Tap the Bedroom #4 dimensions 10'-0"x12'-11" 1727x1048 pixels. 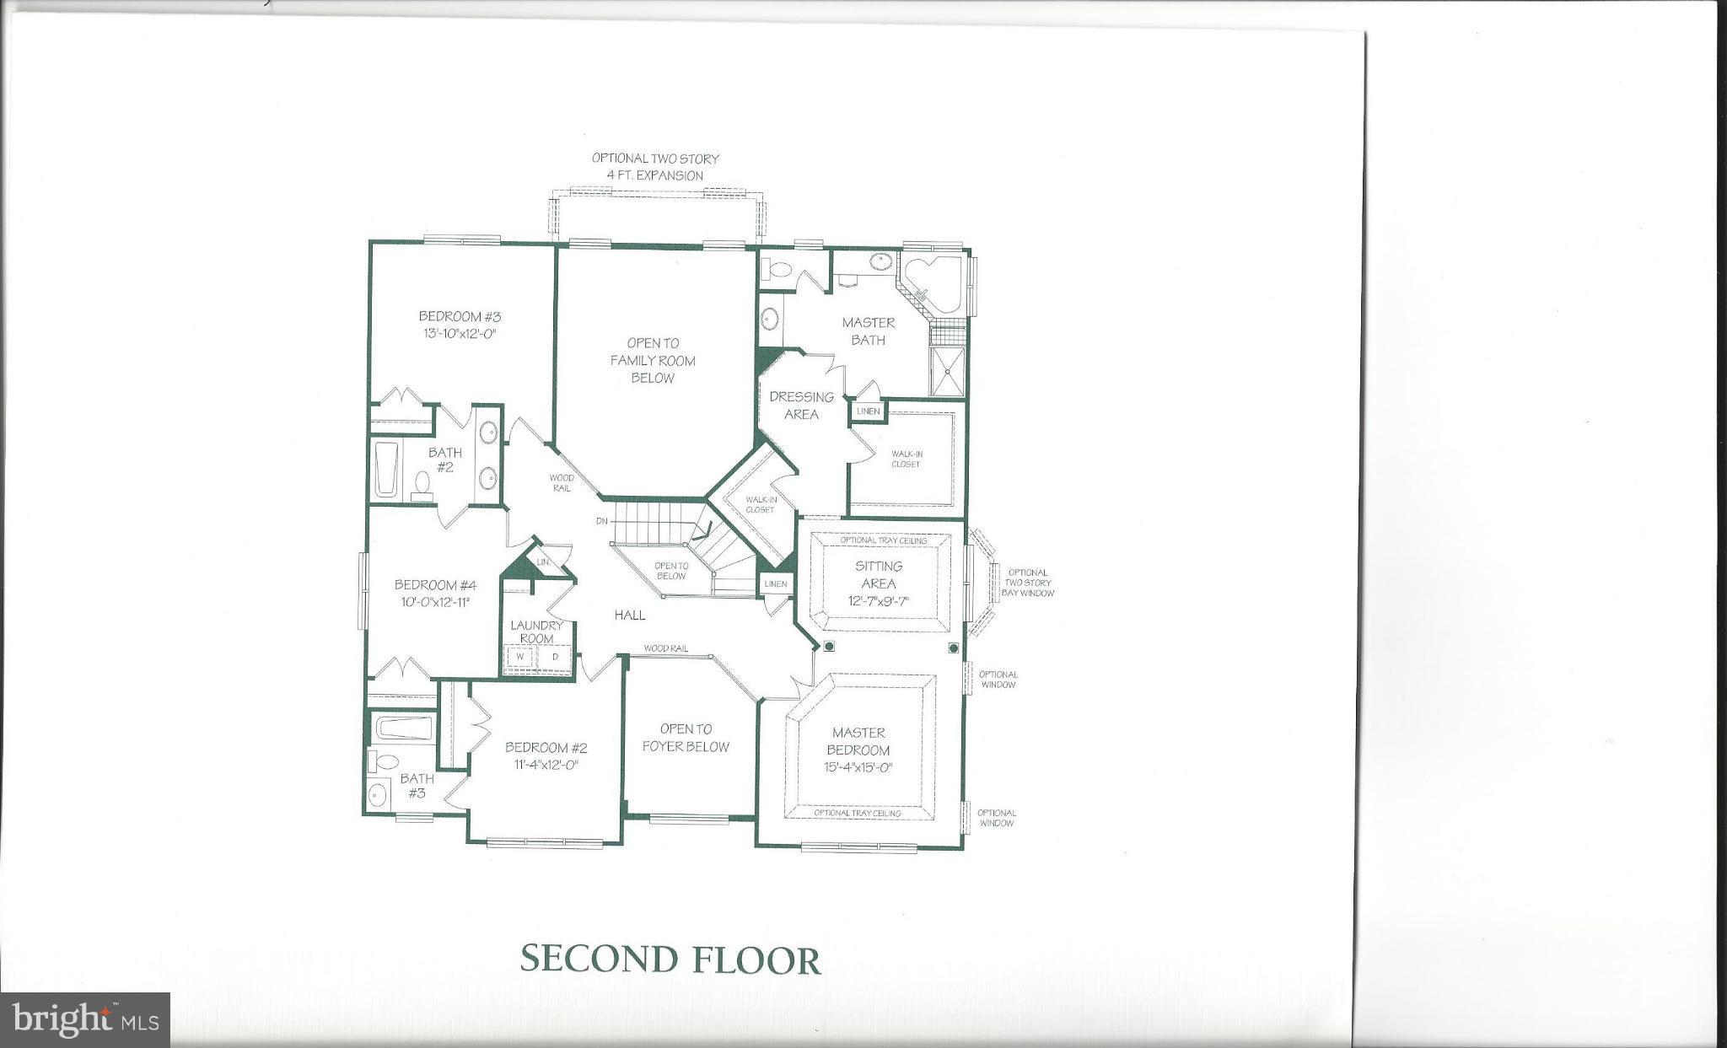point(435,602)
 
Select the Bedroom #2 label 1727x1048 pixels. point(546,747)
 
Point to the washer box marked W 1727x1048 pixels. point(521,657)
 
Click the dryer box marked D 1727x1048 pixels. point(556,657)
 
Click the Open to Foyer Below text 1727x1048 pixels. point(686,737)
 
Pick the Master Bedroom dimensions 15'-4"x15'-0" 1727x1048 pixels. point(858,767)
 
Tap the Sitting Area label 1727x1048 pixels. point(879,574)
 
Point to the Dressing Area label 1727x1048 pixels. point(801,405)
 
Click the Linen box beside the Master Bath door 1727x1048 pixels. point(868,411)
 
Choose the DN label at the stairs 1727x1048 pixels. point(601,521)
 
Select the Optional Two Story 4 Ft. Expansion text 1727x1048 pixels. point(654,166)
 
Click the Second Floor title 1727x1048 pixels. point(670,959)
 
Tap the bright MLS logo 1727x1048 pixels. point(85,1020)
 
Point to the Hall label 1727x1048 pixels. point(629,615)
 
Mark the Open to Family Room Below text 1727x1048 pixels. point(653,360)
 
